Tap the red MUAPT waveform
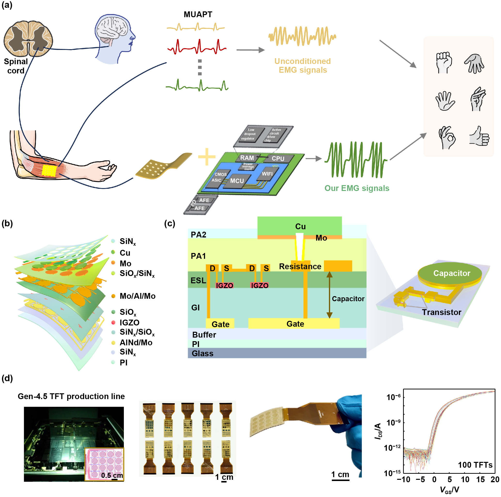pos(197,47)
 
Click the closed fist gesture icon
pos(444,62)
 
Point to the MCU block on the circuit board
pos(237,181)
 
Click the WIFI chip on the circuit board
pos(267,174)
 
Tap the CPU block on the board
pos(278,158)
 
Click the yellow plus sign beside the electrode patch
pos(207,157)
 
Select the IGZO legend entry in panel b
pos(129,323)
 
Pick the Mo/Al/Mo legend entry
pos(137,296)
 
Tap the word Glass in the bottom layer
pos(203,353)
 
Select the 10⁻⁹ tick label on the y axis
pos(393,423)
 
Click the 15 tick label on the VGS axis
pos(480,479)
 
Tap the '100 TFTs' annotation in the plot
pos(475,465)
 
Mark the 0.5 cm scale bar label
pos(112,475)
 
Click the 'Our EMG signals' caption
pos(357,188)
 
